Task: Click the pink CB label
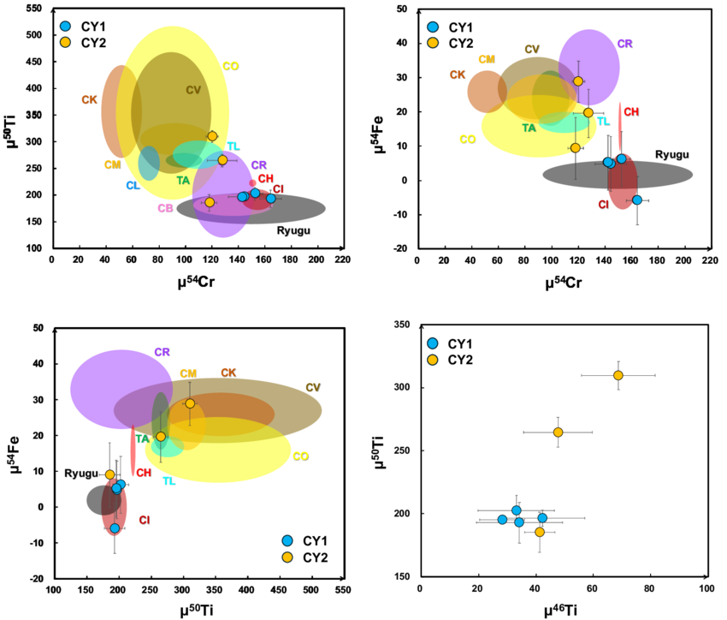click(165, 208)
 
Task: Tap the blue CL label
click(133, 185)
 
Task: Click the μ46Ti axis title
click(563, 609)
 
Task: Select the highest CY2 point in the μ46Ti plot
click(618, 375)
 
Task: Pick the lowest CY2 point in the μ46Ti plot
click(540, 532)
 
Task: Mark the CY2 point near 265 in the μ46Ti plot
click(558, 432)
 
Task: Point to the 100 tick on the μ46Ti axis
click(706, 589)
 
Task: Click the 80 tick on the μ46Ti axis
click(649, 589)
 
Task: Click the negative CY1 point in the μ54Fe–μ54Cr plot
click(636, 200)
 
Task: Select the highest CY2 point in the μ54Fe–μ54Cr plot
click(578, 81)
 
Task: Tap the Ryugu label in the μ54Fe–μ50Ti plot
click(81, 474)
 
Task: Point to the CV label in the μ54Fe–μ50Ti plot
click(313, 387)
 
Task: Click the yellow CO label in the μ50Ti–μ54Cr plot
click(231, 66)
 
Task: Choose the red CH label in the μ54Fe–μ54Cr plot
click(631, 111)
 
